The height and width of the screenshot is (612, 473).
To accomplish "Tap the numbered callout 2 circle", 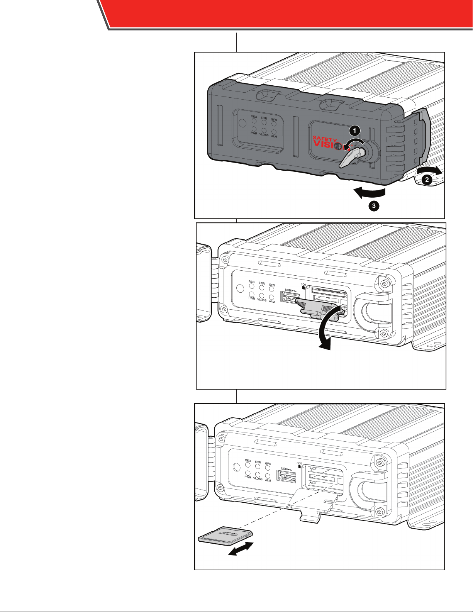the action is tap(427, 179).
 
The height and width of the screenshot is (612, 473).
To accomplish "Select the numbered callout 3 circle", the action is tap(373, 206).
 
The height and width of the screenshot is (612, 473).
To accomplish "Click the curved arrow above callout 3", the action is tap(370, 192).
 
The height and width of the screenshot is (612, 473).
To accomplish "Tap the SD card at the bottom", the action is tap(225, 536).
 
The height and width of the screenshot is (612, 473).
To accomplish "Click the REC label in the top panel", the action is tap(254, 117).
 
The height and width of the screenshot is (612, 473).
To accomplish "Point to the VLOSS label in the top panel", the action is tap(264, 135).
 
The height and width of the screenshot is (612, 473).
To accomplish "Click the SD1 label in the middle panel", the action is tap(303, 285).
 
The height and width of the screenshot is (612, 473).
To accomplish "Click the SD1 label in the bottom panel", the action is tap(299, 463).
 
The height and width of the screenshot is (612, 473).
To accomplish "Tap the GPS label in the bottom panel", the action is tap(268, 464).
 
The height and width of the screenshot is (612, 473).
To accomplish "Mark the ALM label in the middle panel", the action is tap(272, 302).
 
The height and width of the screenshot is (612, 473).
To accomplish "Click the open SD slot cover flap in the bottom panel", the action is tap(312, 504).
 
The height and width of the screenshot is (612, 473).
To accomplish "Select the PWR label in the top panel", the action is tap(254, 134).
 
